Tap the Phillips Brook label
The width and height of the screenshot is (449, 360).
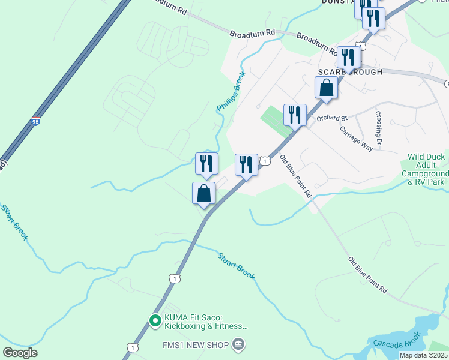(231, 91)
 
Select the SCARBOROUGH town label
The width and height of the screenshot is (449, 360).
(350, 72)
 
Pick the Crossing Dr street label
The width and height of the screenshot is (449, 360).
(379, 130)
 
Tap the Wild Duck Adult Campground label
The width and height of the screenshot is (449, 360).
(426, 169)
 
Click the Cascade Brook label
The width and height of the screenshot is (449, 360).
(393, 343)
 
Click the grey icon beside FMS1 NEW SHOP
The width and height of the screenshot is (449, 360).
(239, 345)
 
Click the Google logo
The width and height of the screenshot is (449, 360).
(20, 352)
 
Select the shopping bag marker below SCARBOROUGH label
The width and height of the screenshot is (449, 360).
(326, 88)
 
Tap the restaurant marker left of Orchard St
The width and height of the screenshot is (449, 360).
(294, 114)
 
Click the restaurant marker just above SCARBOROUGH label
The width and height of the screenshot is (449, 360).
(348, 56)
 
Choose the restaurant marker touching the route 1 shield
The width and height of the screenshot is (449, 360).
(246, 164)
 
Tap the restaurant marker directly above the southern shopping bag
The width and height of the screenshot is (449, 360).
(206, 163)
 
